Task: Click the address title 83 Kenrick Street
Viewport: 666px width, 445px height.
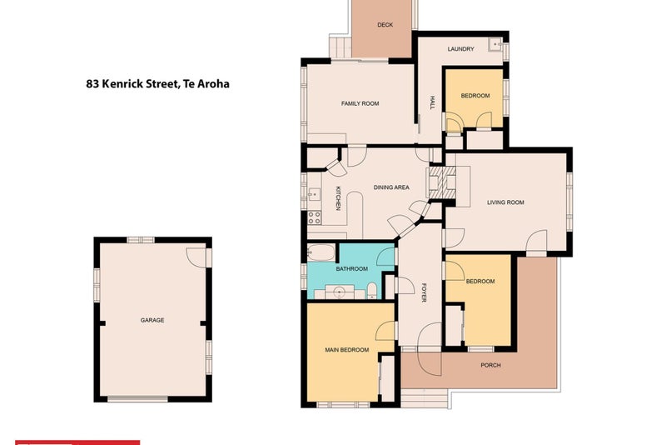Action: (157, 83)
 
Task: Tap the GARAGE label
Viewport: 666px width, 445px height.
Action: (152, 320)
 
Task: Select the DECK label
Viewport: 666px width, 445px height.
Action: (385, 25)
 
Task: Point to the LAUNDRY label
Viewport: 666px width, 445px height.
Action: (460, 49)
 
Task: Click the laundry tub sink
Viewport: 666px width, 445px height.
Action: (495, 44)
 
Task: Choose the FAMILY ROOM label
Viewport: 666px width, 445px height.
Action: (360, 103)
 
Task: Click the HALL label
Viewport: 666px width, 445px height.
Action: (432, 102)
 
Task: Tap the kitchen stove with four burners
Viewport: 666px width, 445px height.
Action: (315, 217)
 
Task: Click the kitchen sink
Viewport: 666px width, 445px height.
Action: (314, 194)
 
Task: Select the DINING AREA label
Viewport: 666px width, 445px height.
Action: (391, 187)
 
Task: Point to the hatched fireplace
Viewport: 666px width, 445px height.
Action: (443, 182)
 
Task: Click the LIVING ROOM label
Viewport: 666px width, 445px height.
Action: (505, 202)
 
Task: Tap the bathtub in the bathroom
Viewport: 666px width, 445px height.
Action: (321, 252)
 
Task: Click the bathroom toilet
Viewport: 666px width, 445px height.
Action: (371, 290)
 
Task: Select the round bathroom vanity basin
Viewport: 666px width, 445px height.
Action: (339, 292)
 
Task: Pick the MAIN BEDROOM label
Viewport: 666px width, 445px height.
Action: (346, 350)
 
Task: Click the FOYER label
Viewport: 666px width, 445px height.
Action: (424, 292)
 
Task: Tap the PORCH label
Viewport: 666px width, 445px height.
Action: (490, 365)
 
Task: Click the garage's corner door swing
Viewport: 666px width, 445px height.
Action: (196, 257)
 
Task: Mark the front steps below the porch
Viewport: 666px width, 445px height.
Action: (424, 398)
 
